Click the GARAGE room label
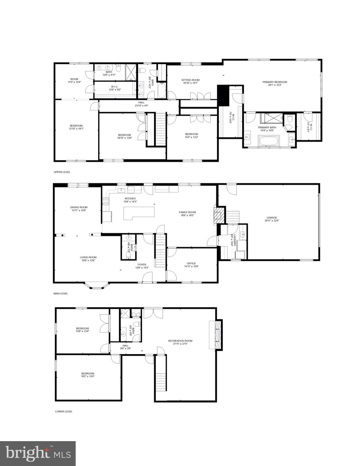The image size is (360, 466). [x=272, y=218]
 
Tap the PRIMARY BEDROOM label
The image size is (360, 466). [x=274, y=82]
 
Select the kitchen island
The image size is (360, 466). [x=139, y=213]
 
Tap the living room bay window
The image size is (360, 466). [x=97, y=285]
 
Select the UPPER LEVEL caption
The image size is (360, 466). [x=62, y=172]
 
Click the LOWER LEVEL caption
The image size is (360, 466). [x=64, y=411]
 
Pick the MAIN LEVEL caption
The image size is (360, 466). [x=61, y=293]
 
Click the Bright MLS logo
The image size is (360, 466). [x=38, y=453]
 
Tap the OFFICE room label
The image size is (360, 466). [x=191, y=263]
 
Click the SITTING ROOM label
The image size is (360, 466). [x=190, y=80]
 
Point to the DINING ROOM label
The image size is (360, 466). [x=79, y=207]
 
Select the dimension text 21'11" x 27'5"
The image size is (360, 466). [x=180, y=344]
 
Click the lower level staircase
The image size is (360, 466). [x=161, y=373]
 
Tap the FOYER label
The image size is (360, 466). [x=142, y=265]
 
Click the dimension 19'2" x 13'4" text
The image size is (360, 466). [x=87, y=377]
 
